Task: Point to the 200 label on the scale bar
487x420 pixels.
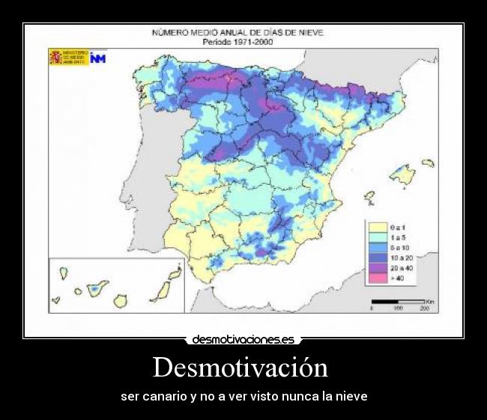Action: point(423,308)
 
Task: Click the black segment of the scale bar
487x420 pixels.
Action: point(385,302)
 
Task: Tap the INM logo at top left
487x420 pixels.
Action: point(97,58)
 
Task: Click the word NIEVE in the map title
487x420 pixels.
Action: point(311,33)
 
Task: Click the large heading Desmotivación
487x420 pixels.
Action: point(241,368)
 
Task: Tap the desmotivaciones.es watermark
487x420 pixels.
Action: point(243,339)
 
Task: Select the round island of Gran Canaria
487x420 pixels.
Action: point(119,300)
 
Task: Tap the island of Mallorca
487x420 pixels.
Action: point(404,175)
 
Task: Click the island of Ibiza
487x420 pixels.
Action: point(369,198)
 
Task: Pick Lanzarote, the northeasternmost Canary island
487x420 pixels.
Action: point(175,273)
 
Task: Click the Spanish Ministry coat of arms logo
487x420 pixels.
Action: point(56,58)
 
